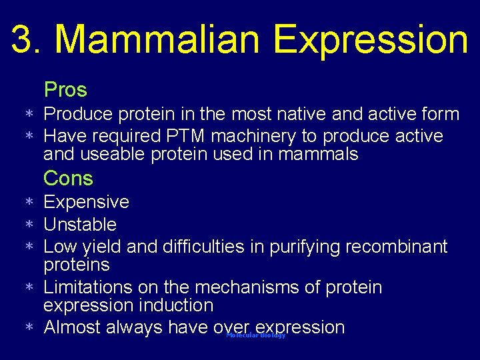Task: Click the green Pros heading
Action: (65, 89)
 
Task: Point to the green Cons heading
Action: (68, 179)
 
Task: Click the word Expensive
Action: (86, 202)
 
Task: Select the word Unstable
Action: (80, 224)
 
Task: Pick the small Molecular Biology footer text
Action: (256, 335)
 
